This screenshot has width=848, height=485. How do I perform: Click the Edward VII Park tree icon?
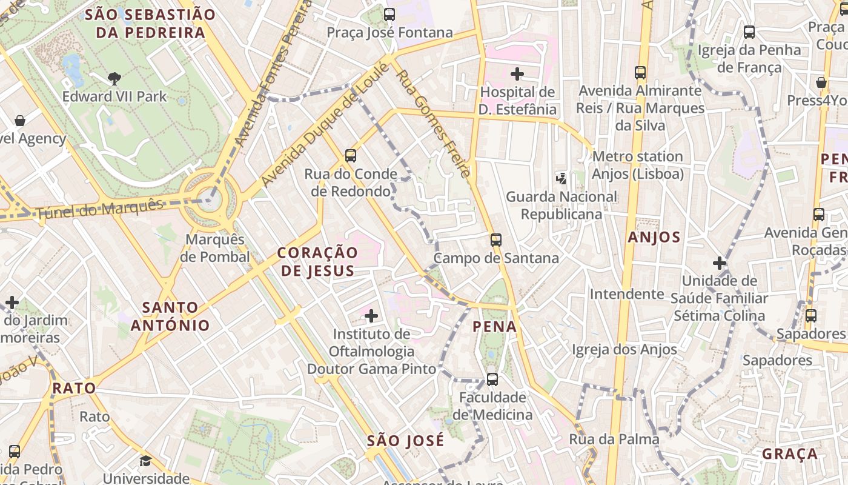coord(114,78)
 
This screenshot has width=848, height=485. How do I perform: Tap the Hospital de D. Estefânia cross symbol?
coord(517,74)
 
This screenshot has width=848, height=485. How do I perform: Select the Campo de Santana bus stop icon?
coord(496,239)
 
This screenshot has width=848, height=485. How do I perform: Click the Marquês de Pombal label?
coord(215,248)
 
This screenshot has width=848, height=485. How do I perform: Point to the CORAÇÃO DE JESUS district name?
coord(318,261)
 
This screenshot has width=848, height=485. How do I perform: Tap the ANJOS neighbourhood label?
coord(654,237)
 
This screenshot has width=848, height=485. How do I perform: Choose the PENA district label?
coord(495,327)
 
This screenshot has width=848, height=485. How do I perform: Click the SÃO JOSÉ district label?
coord(405,440)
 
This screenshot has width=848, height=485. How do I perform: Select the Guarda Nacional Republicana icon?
coord(561,178)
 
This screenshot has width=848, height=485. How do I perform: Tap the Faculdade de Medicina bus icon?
coord(492,380)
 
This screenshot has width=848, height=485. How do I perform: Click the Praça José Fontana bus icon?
coord(389,14)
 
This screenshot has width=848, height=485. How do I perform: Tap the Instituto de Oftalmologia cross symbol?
coord(371,315)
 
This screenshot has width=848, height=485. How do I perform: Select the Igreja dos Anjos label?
coord(624,349)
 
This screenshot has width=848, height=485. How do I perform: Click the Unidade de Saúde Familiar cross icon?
coord(720,263)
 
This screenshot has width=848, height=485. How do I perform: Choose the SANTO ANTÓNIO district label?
coord(170,316)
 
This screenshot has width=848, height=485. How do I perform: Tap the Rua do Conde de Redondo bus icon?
coord(350,155)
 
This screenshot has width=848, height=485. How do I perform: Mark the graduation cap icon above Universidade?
coord(145,461)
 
